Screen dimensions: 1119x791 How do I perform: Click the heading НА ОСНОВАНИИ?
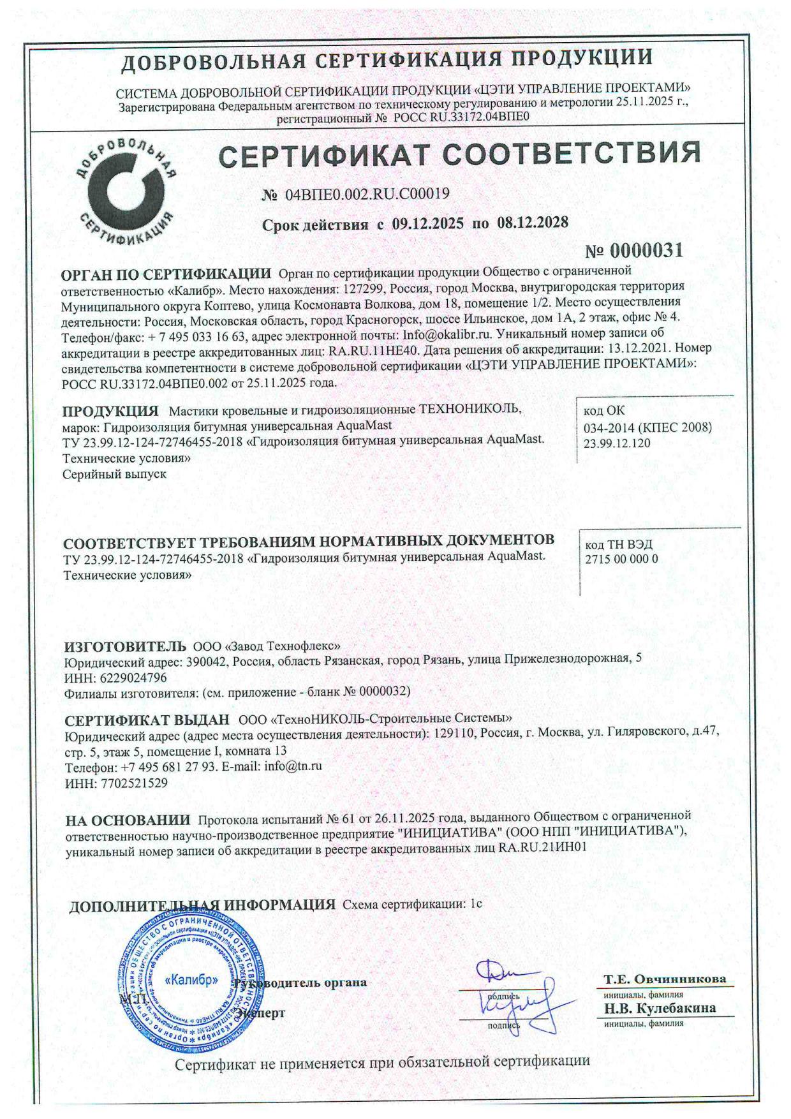click(x=128, y=819)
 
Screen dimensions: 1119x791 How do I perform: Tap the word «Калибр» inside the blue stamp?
click(x=192, y=979)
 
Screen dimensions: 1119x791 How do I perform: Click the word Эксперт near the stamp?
click(x=260, y=1012)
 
